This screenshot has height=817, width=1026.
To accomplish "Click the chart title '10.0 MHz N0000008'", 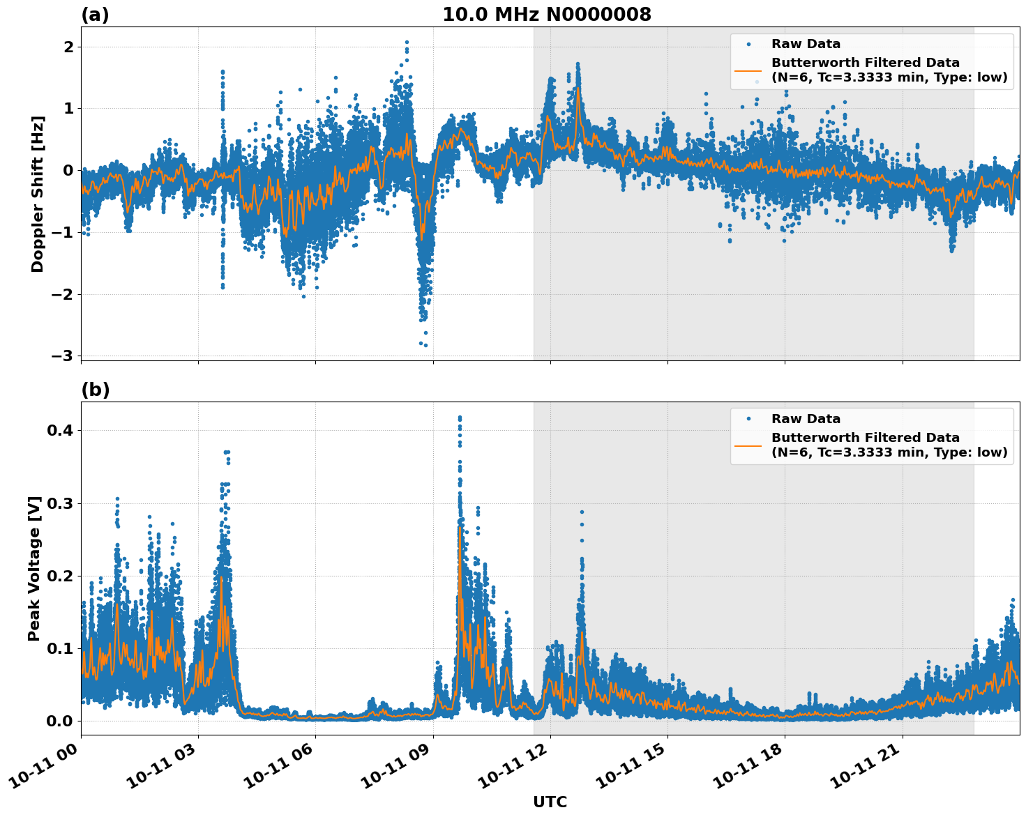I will pyautogui.click(x=547, y=15).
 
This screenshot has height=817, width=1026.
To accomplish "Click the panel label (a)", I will pyautogui.click(x=95, y=15).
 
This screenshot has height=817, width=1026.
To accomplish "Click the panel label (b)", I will pyautogui.click(x=95, y=390).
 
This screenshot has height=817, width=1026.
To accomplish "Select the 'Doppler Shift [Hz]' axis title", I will pyautogui.click(x=38, y=194).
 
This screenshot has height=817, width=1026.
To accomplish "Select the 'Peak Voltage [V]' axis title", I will pyautogui.click(x=34, y=568).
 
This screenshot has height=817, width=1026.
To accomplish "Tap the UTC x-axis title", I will pyautogui.click(x=550, y=802).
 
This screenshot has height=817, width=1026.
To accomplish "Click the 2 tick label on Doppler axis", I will pyautogui.click(x=69, y=47).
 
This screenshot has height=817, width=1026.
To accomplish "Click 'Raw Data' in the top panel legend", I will pyautogui.click(x=806, y=44).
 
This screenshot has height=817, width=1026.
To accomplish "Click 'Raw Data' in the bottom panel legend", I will pyautogui.click(x=806, y=419).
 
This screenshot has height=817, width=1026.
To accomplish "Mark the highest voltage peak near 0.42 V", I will pyautogui.click(x=460, y=418).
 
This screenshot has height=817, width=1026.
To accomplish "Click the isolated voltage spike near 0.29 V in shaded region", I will pyautogui.click(x=582, y=512).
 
